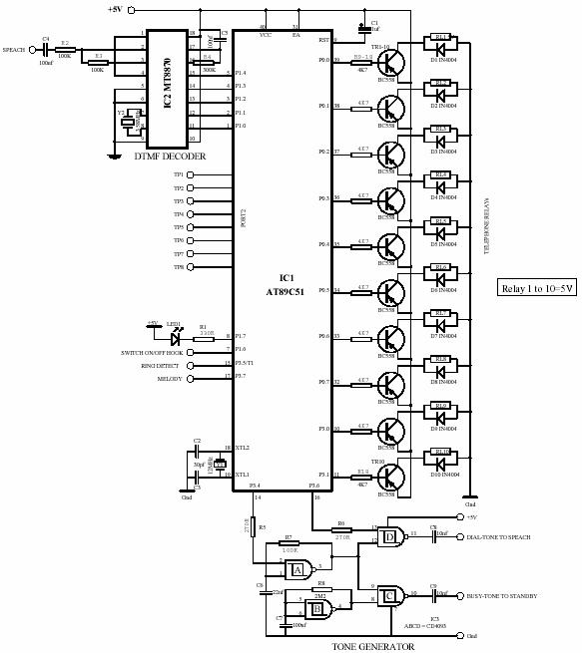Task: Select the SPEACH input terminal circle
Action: click(x=33, y=49)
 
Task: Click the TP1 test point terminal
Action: click(x=190, y=174)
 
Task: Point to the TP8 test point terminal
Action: click(x=190, y=267)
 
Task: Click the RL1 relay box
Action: click(x=441, y=37)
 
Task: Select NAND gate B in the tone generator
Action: click(x=318, y=608)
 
